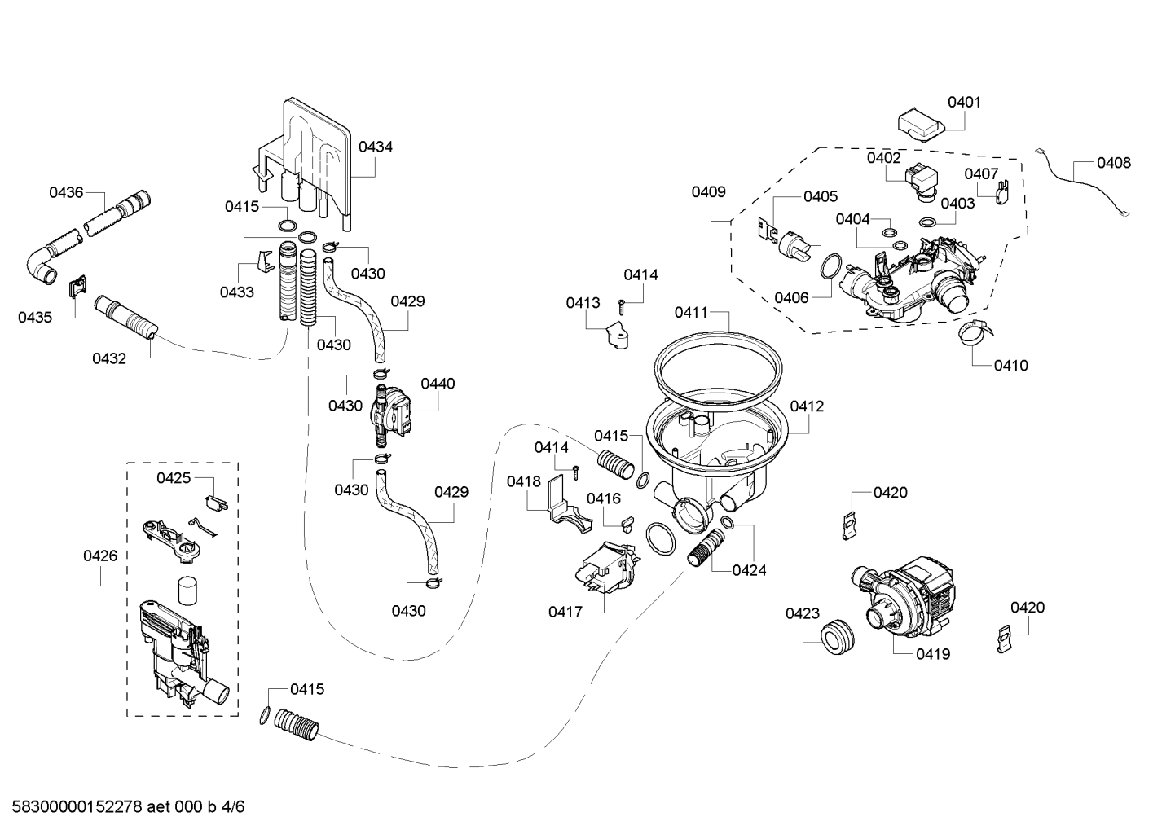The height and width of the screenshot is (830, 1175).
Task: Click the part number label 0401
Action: click(x=964, y=103)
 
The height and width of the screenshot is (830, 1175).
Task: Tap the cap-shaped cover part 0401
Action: click(x=921, y=125)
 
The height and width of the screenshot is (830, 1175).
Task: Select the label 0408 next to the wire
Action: click(x=1114, y=163)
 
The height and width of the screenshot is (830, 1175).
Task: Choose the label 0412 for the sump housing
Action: click(x=807, y=406)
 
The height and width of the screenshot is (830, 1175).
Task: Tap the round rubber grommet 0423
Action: click(x=837, y=636)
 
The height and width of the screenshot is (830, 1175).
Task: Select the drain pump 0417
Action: click(x=607, y=569)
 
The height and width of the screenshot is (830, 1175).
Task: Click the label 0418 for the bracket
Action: click(x=523, y=481)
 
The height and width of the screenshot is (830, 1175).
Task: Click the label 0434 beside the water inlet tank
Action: click(x=376, y=147)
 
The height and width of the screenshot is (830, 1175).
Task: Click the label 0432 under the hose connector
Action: click(x=109, y=358)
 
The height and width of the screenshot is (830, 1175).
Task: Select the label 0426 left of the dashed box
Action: click(x=100, y=556)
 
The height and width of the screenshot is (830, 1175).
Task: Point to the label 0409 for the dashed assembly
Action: click(x=708, y=192)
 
